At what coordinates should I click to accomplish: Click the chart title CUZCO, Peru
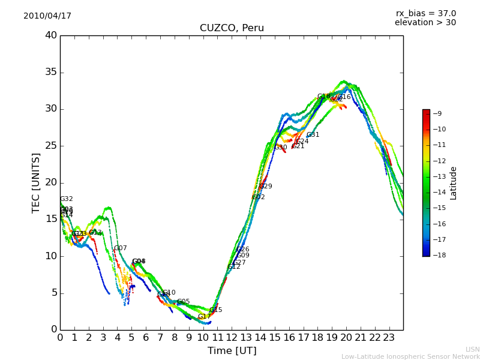click(x=232, y=28)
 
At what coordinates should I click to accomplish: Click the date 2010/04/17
click(x=47, y=16)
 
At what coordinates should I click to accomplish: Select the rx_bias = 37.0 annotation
click(x=425, y=14)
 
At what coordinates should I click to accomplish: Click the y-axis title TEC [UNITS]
click(x=36, y=182)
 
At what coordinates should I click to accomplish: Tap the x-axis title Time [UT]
click(x=232, y=351)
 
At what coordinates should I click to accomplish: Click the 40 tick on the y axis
click(x=50, y=35)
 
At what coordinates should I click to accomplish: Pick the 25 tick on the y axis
click(x=50, y=146)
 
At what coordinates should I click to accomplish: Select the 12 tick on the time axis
click(x=232, y=337)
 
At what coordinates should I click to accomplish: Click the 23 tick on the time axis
click(x=389, y=337)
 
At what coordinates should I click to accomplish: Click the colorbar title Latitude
click(x=454, y=183)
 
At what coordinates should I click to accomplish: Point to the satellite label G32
click(x=66, y=199)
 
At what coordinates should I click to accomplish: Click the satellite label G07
click(x=120, y=248)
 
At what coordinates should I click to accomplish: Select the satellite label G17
click(x=204, y=317)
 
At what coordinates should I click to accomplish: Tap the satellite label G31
click(x=313, y=135)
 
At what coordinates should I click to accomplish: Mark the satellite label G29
click(x=265, y=187)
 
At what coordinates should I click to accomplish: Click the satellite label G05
click(x=183, y=302)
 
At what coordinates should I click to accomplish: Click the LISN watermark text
click(x=472, y=349)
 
